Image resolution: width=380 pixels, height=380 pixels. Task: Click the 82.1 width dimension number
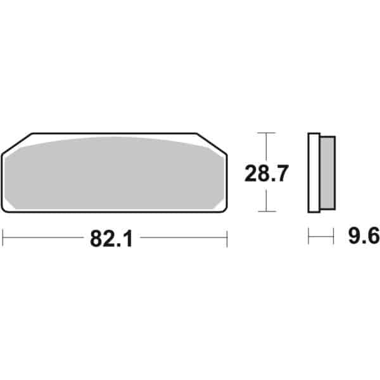coord(111,239)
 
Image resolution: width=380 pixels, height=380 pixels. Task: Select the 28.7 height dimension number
coord(267,174)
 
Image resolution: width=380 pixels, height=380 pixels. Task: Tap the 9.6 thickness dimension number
coord(364,236)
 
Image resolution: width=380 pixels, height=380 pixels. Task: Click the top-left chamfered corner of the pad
coord(17,143)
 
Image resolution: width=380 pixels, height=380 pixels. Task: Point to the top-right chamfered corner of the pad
coord(212,143)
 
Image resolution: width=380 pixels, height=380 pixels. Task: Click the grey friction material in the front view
coord(114,174)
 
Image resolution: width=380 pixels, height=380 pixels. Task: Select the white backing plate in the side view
coord(314,172)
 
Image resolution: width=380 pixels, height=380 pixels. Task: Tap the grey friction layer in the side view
coord(327,173)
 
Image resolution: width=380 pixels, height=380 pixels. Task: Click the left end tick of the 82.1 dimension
coord(3,237)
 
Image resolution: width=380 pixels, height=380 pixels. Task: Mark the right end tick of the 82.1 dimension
coord(227,239)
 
